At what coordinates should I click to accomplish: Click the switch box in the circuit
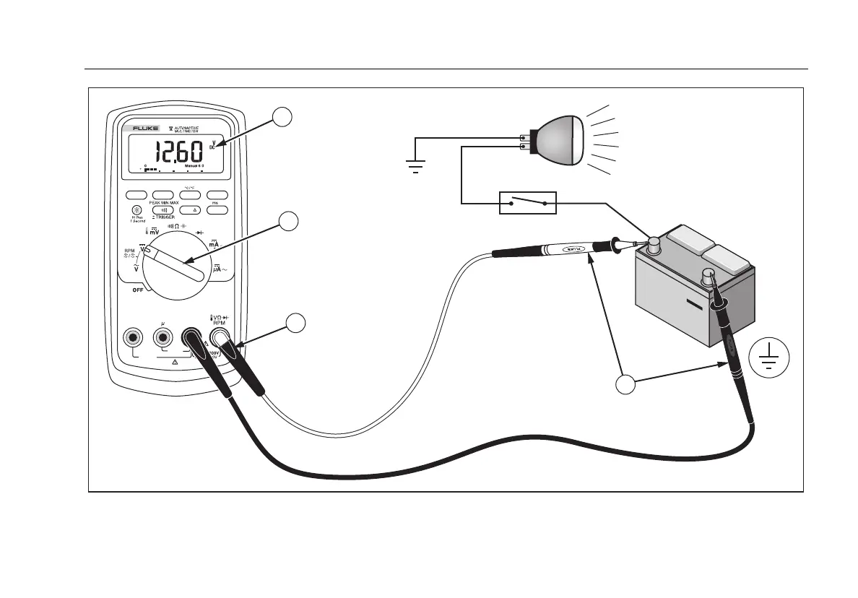(x=527, y=204)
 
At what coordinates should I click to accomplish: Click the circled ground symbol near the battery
(x=769, y=357)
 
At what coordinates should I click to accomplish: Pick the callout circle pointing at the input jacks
(x=295, y=324)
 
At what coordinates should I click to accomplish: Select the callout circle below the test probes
(x=625, y=384)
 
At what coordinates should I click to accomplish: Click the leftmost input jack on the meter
(x=132, y=337)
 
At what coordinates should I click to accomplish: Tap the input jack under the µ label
(x=164, y=337)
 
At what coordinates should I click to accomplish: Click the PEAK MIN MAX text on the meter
(x=164, y=204)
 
